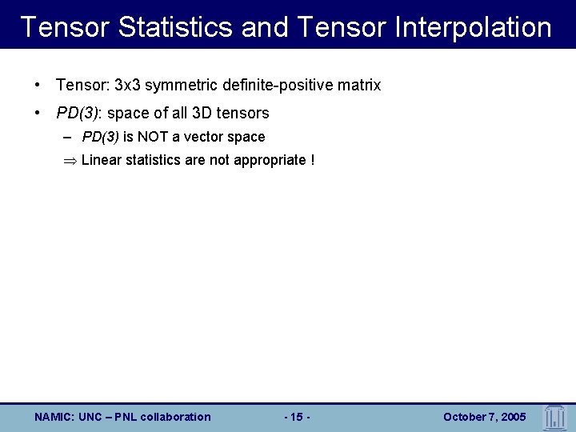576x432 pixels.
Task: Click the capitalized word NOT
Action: pos(154,137)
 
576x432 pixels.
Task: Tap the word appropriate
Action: pos(269,160)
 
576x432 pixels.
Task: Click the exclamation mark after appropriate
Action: pos(313,160)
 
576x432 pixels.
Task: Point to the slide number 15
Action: pos(297,417)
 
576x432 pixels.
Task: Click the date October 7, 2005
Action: pos(484,417)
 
